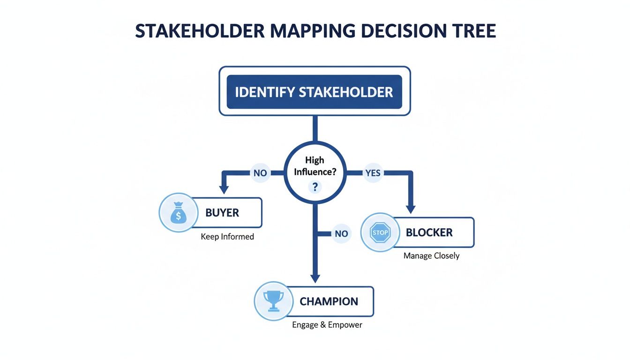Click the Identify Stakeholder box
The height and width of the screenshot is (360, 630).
click(x=314, y=91)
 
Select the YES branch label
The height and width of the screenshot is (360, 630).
click(x=373, y=173)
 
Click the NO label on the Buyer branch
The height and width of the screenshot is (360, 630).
click(x=260, y=173)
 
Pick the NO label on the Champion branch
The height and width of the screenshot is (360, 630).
click(x=341, y=233)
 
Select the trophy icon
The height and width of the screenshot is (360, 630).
click(x=272, y=300)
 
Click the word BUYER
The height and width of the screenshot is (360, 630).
click(x=222, y=213)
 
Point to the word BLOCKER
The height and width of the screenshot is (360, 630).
click(x=429, y=232)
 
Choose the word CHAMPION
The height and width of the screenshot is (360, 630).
click(x=329, y=301)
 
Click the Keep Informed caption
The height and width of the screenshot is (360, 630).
click(x=227, y=237)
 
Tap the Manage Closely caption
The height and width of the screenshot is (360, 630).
click(x=431, y=256)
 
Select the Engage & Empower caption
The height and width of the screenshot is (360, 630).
click(x=327, y=324)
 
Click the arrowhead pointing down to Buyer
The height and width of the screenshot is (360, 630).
click(x=224, y=189)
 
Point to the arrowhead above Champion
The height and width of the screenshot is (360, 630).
click(x=315, y=277)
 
